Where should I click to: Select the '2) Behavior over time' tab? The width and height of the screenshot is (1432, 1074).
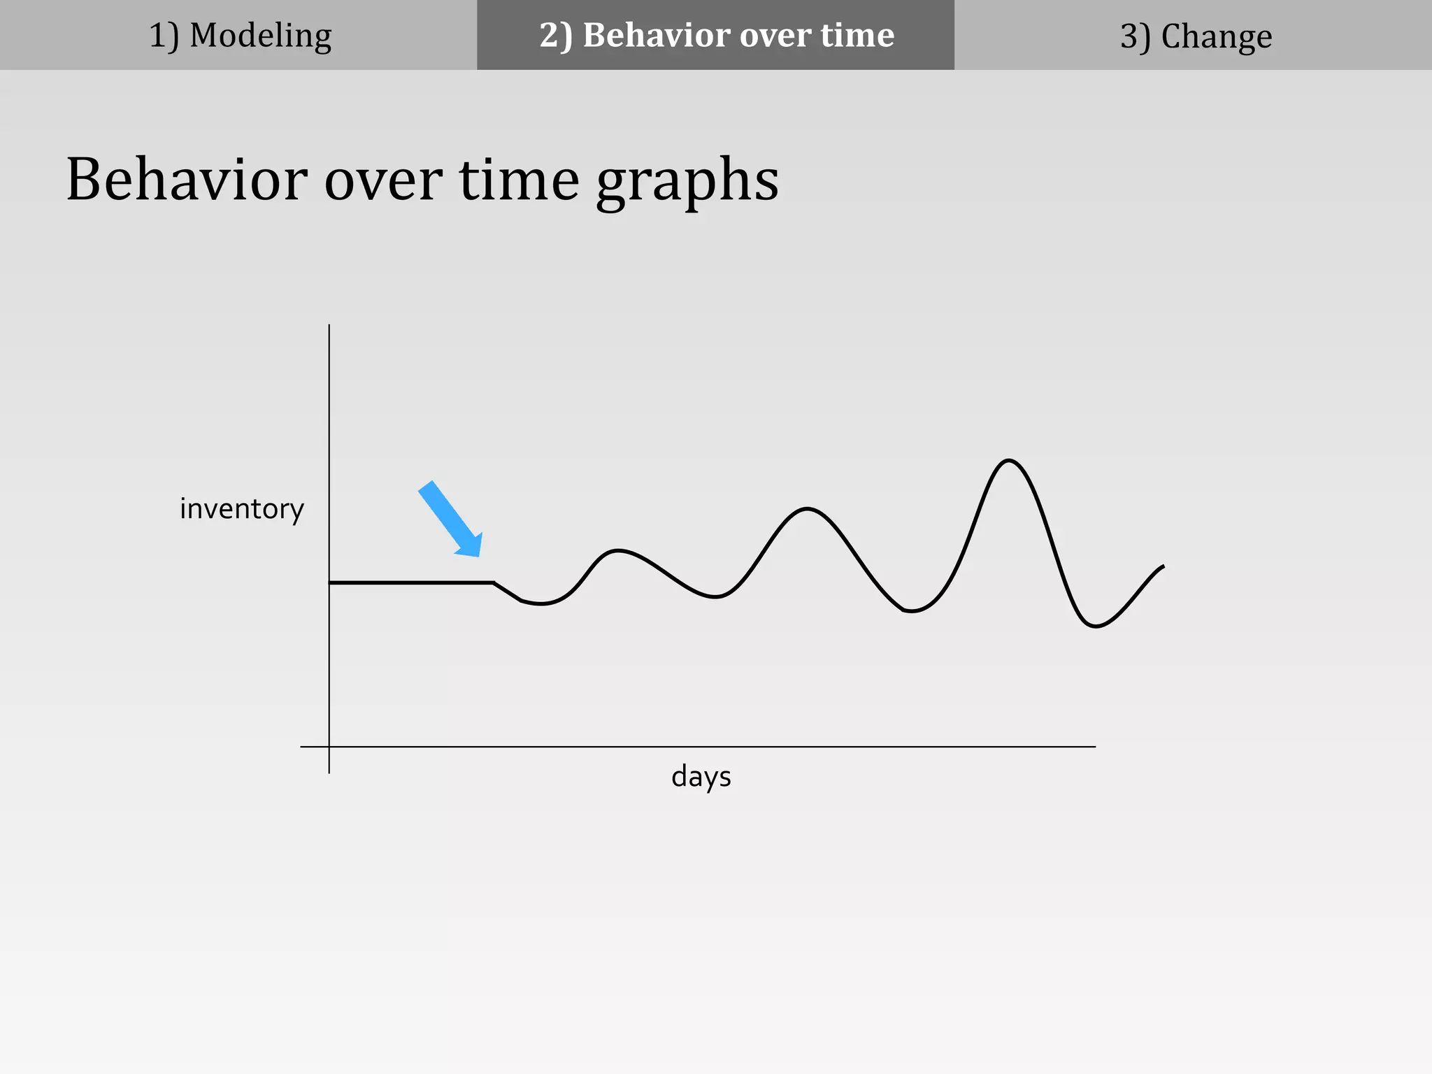tap(716, 35)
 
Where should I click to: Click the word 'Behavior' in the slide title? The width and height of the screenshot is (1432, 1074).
tap(186, 180)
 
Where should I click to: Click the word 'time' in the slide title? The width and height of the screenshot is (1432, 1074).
tap(519, 180)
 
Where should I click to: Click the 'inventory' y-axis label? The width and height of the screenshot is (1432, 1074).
tap(242, 509)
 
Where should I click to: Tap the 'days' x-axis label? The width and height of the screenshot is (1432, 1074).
tap(701, 777)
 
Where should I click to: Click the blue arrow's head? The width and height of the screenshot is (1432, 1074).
tap(470, 545)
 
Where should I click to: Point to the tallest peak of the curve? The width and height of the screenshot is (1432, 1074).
tap(1008, 460)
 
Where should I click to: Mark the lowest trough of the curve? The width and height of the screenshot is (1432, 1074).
tap(1095, 626)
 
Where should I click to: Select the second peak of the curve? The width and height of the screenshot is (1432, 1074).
tap(807, 509)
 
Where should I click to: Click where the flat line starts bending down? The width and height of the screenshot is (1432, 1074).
tap(494, 582)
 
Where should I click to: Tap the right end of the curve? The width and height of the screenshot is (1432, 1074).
tap(1163, 566)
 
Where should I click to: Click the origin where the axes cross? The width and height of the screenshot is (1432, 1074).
tap(329, 747)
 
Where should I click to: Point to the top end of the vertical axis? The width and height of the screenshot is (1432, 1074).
tap(329, 326)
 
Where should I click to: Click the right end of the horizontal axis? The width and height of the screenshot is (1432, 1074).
tap(1094, 747)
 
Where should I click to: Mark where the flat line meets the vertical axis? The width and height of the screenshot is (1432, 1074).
tap(330, 582)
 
